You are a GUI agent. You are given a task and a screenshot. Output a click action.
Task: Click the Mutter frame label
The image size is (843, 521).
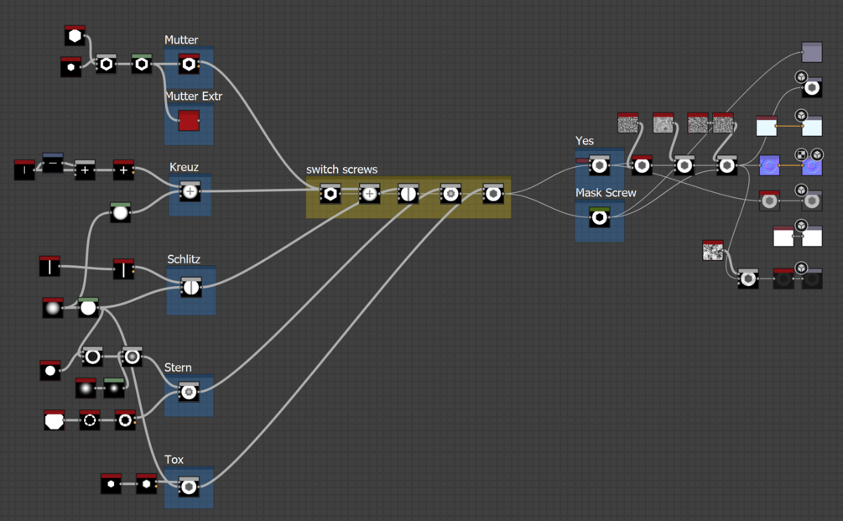pyautogui.click(x=181, y=40)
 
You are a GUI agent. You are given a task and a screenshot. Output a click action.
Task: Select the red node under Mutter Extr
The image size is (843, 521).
pyautogui.click(x=189, y=121)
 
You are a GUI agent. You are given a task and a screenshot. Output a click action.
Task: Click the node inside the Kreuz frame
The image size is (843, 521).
pyautogui.click(x=190, y=191)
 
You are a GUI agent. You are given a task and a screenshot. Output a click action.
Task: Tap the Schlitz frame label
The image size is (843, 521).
pyautogui.click(x=184, y=259)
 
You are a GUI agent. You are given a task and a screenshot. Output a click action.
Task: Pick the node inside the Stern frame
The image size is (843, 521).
pyautogui.click(x=189, y=391)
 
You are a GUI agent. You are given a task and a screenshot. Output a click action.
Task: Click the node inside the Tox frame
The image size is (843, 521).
pyautogui.click(x=189, y=486)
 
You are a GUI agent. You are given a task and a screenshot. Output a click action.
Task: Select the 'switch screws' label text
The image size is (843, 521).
pyautogui.click(x=341, y=169)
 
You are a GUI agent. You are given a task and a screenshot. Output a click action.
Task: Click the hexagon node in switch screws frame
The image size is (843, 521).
pyautogui.click(x=330, y=194)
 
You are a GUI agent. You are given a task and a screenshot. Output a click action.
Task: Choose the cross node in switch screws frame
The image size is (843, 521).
pyautogui.click(x=369, y=194)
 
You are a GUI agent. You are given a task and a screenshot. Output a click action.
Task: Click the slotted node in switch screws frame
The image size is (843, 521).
pyautogui.click(x=408, y=194)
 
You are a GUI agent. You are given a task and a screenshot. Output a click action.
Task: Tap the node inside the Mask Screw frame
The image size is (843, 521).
pyautogui.click(x=599, y=218)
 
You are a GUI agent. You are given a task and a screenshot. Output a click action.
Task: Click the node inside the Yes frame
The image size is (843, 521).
pyautogui.click(x=599, y=165)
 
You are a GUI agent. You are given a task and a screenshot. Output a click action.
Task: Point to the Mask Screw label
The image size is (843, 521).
pyautogui.click(x=606, y=193)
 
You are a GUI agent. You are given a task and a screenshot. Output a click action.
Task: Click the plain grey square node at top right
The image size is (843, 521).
pyautogui.click(x=811, y=53)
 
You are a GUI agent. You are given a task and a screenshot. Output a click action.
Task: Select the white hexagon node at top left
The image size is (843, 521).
pyautogui.click(x=75, y=35)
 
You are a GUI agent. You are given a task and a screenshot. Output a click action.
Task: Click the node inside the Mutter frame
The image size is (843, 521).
pyautogui.click(x=189, y=65)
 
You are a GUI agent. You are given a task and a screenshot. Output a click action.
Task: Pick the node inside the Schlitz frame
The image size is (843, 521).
pyautogui.click(x=190, y=287)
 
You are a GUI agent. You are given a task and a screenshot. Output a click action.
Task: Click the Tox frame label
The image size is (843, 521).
pyautogui.click(x=174, y=460)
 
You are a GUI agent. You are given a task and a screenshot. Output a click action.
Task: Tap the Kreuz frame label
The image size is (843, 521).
pyautogui.click(x=184, y=167)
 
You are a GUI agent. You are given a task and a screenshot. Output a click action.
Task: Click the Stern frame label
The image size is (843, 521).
pyautogui.click(x=178, y=367)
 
